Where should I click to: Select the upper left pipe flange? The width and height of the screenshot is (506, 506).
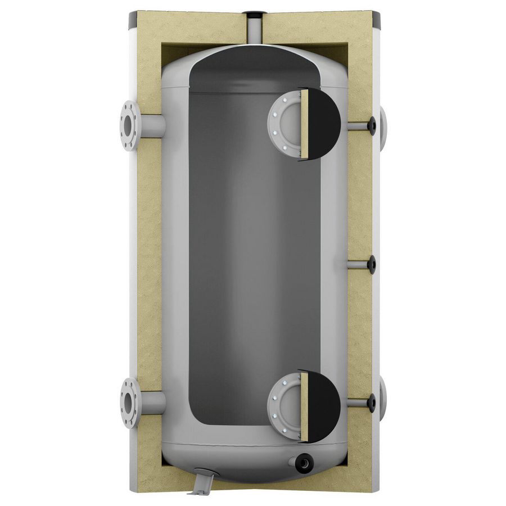tap(129, 125)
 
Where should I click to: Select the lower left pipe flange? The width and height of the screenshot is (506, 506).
tap(129, 403)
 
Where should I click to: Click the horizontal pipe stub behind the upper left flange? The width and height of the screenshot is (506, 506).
tap(152, 125)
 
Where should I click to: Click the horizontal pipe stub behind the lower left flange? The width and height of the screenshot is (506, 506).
tap(152, 403)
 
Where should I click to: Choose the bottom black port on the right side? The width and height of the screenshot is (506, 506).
tap(371, 401)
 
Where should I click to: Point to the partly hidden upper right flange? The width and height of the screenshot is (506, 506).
tap(383, 125)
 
